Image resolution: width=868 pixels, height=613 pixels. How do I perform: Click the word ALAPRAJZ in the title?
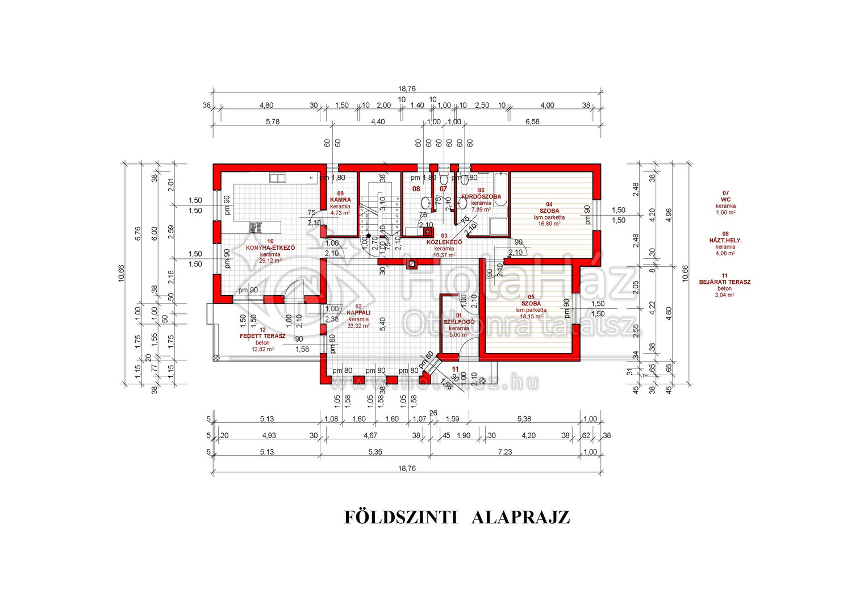click(x=520, y=518)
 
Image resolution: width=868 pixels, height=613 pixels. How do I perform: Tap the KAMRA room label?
click(x=340, y=200)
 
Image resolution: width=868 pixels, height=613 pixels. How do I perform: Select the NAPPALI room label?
click(x=358, y=313)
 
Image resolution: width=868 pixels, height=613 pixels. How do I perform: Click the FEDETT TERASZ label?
click(x=262, y=336)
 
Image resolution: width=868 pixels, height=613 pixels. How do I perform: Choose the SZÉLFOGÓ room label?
click(x=459, y=322)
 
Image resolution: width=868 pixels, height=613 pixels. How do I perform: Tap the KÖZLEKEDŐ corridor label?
click(x=444, y=242)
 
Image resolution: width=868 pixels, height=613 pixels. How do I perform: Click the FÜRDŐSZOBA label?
click(x=481, y=197)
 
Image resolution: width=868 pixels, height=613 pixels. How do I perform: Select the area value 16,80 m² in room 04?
click(x=549, y=224)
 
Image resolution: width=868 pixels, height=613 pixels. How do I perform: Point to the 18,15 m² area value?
click(x=531, y=316)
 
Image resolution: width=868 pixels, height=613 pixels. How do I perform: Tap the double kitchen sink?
click(x=278, y=178)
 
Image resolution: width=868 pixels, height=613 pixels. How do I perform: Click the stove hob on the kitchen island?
click(x=253, y=227)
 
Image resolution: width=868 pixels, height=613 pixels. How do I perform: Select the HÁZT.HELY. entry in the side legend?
click(x=725, y=240)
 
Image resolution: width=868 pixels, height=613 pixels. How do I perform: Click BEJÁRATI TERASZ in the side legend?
click(x=725, y=282)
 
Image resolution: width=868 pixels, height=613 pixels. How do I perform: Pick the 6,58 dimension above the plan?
click(x=532, y=122)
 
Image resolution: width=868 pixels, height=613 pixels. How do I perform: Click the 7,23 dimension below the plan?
click(x=505, y=452)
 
